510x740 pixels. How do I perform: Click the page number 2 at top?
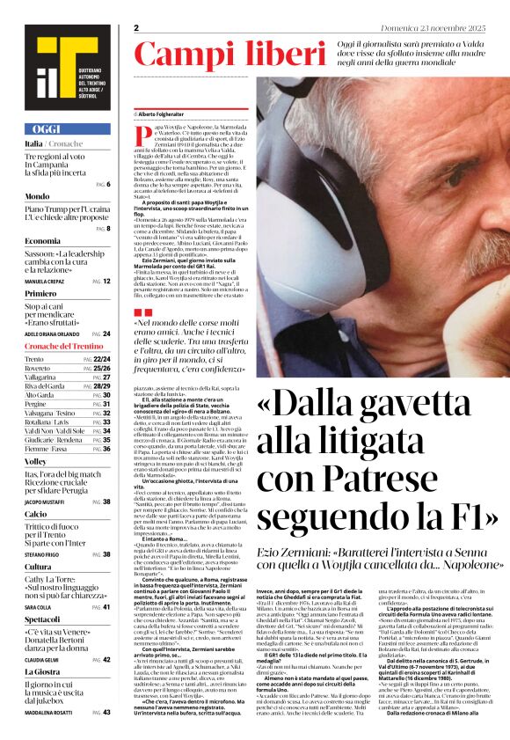pyautogui.click(x=137, y=28)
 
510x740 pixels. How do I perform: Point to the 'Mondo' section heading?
pyautogui.click(x=37, y=196)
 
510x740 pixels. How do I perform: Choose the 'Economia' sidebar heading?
pyautogui.click(x=42, y=240)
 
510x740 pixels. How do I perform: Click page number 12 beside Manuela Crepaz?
pyautogui.click(x=106, y=282)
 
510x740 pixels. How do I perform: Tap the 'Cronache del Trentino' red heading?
pyautogui.click(x=63, y=346)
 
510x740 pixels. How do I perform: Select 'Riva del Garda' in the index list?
pyautogui.click(x=45, y=386)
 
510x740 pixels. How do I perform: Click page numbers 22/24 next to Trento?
pyautogui.click(x=101, y=360)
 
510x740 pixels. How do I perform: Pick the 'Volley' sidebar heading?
pyautogui.click(x=35, y=460)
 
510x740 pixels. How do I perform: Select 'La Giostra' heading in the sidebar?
pyautogui.click(x=42, y=671)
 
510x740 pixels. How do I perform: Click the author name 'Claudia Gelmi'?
pyautogui.click(x=41, y=659)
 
